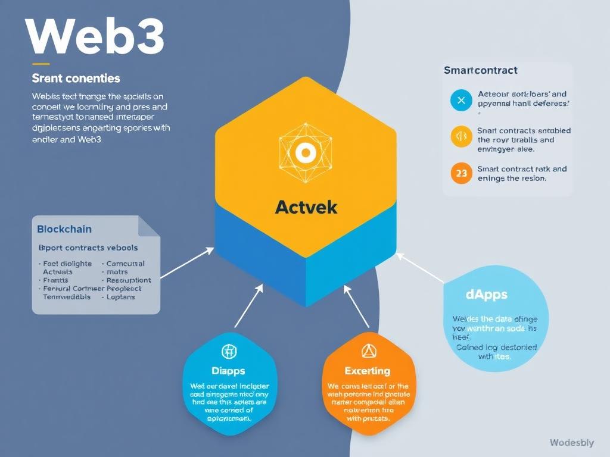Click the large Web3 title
(95, 37)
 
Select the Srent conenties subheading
(76, 79)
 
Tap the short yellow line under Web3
(41, 64)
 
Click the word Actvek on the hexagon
(306, 207)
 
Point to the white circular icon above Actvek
(305, 152)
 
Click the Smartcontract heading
(480, 70)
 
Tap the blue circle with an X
(460, 101)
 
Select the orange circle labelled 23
(460, 173)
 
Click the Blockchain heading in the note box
(64, 229)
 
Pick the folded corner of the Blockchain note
(149, 227)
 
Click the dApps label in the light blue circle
(487, 295)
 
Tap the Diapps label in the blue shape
(228, 371)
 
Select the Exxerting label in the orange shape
(368, 371)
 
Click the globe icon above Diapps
(229, 351)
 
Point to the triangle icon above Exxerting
(368, 351)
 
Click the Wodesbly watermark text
(571, 442)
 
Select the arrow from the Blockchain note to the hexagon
(187, 262)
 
